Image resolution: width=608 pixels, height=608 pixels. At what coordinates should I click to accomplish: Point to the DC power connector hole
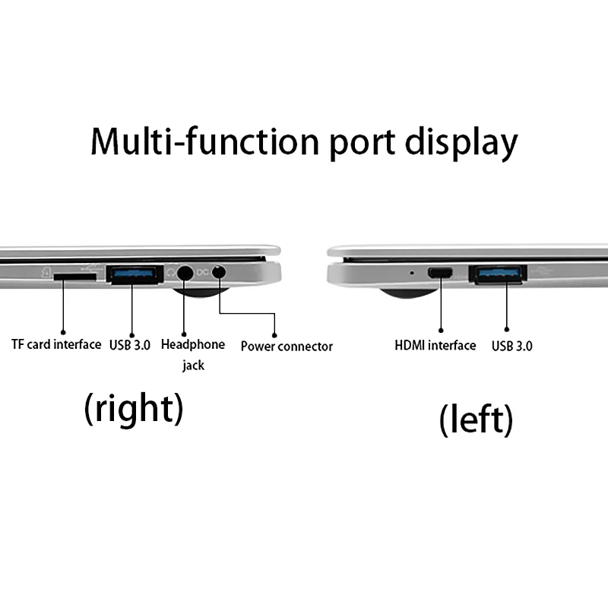[220, 271]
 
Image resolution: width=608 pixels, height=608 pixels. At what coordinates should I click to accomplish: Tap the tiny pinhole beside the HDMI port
[412, 271]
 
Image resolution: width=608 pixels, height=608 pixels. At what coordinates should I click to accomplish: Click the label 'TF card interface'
[56, 344]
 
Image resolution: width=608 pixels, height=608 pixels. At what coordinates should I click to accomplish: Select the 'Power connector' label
[287, 347]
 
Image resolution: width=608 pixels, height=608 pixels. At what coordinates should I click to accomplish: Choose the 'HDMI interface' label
[435, 346]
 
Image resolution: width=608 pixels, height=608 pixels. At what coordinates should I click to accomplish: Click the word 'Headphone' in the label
[193, 344]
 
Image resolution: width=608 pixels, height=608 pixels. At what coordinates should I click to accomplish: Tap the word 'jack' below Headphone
[193, 366]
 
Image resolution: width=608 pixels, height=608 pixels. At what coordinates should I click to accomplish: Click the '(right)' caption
[133, 408]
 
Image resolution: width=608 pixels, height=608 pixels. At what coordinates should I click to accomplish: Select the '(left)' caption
[476, 419]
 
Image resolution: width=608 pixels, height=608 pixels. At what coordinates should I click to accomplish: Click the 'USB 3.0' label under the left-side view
[511, 347]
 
